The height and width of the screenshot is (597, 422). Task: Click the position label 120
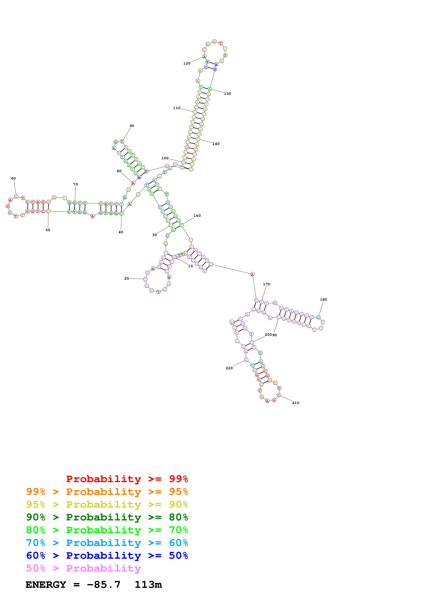187,63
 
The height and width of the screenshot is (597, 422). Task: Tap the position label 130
227,94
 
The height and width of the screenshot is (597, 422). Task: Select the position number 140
216,144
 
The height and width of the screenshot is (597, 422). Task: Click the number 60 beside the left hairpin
13,178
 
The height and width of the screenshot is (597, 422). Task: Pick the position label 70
75,184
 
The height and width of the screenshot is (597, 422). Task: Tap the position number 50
48,230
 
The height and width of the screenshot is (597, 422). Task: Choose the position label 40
121,232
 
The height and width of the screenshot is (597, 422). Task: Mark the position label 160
197,216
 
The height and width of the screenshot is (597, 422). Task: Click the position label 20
127,278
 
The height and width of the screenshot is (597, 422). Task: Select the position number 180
323,300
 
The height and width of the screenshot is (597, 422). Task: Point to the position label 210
296,403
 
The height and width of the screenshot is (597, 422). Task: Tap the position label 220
229,368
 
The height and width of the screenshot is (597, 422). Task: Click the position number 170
267,284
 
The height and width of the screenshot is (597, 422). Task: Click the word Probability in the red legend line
103,479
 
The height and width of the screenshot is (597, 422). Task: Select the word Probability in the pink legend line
103,568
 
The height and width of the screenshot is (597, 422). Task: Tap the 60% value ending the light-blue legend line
178,543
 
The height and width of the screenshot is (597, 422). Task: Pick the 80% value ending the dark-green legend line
178,517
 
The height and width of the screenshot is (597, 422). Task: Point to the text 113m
148,585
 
